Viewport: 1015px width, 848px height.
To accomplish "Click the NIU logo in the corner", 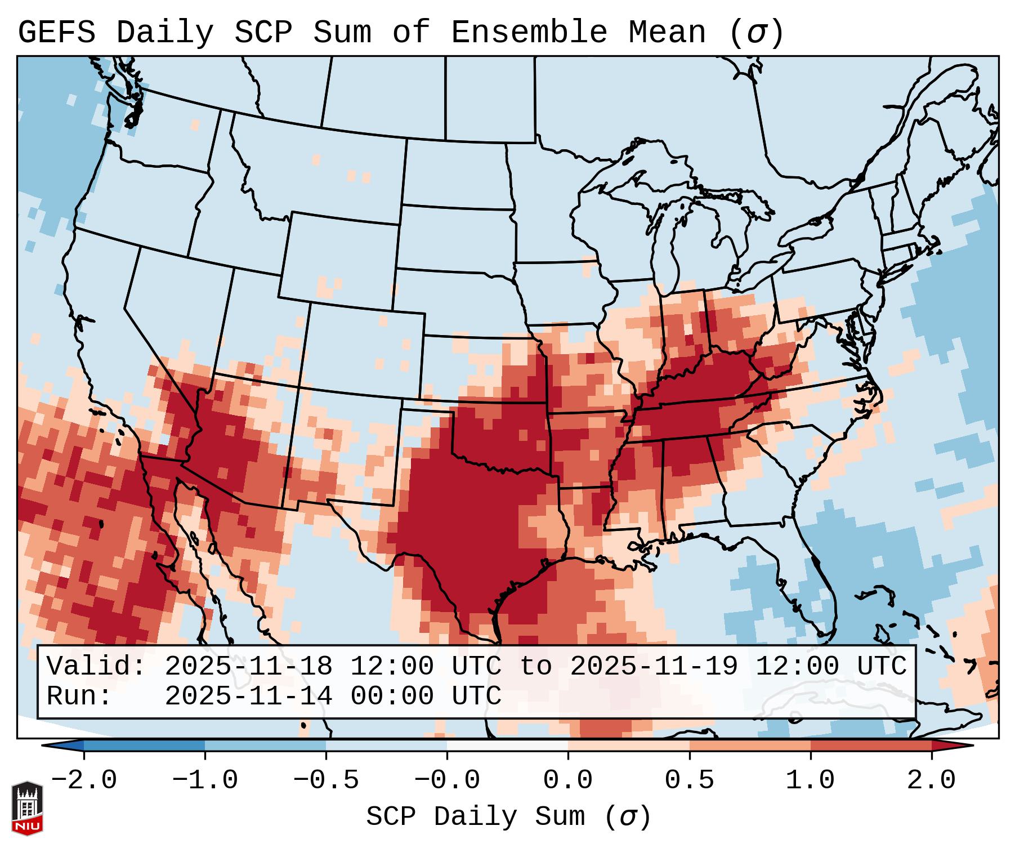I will coord(27,807).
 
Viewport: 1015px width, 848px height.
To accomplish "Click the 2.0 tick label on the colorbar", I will coord(931,780).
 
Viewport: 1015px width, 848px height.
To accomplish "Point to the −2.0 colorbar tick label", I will coord(84,780).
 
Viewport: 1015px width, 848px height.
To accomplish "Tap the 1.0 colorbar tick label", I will coord(810,780).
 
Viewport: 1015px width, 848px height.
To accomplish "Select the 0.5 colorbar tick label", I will coord(689,780).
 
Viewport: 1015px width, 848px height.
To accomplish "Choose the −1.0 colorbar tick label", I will coord(205,780).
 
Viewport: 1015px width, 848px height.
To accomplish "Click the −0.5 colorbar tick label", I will coord(326,780).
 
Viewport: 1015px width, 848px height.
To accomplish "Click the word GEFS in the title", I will coord(56,33).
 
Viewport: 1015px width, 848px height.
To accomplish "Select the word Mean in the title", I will coord(667,33).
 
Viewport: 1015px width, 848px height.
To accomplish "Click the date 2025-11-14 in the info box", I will coord(248,696).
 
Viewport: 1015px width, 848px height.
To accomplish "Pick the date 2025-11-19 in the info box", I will coord(654,666).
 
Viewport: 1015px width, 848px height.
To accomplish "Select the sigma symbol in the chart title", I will coord(756,33).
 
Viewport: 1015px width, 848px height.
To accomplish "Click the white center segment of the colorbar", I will coord(507,746).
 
